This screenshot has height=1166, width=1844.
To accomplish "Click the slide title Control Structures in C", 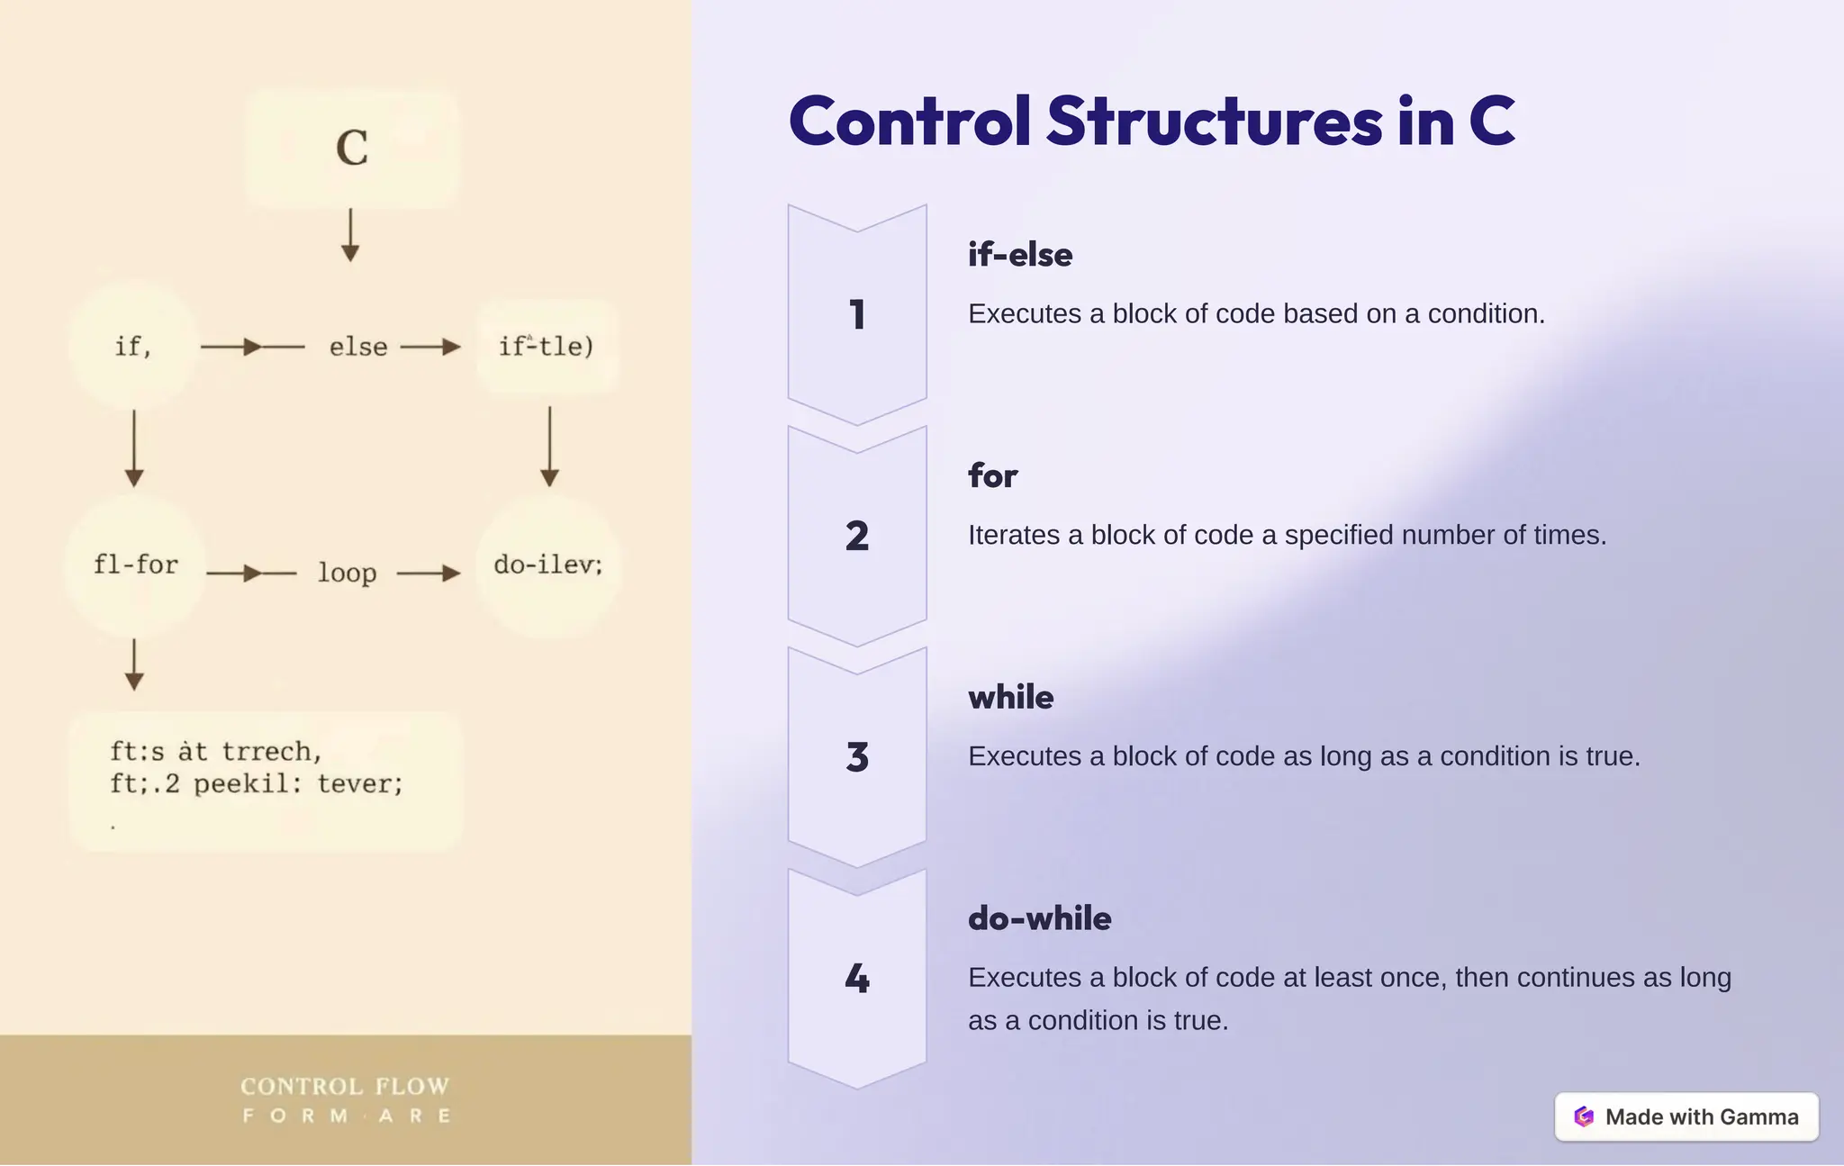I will pyautogui.click(x=1152, y=122).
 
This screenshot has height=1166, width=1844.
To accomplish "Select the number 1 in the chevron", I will pyautogui.click(x=857, y=315).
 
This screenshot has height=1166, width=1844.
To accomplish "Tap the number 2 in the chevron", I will pyautogui.click(x=857, y=537).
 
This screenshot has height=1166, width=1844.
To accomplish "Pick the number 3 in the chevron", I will pyautogui.click(x=857, y=757).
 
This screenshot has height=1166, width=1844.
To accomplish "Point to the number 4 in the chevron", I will pyautogui.click(x=857, y=979).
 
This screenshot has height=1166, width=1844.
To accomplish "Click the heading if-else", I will pyautogui.click(x=1020, y=255).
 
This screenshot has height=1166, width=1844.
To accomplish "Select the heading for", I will pyautogui.click(x=992, y=475).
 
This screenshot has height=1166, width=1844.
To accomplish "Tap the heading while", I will pyautogui.click(x=1010, y=697).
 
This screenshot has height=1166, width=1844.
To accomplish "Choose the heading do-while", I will pyautogui.click(x=1039, y=918).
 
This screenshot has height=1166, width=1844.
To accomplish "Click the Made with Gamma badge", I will pyautogui.click(x=1686, y=1116).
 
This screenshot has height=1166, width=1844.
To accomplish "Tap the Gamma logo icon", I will pyautogui.click(x=1584, y=1116).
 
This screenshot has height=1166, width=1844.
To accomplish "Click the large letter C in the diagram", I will pyautogui.click(x=352, y=148).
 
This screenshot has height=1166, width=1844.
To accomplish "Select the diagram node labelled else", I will pyautogui.click(x=358, y=347).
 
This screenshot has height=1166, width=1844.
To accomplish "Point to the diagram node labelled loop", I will pyautogui.click(x=347, y=573).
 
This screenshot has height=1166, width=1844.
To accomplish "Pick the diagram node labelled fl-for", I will pyautogui.click(x=136, y=565).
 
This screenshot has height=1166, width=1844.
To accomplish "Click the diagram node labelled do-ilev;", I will pyautogui.click(x=547, y=565).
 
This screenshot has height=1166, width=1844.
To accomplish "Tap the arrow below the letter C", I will pyautogui.click(x=350, y=236).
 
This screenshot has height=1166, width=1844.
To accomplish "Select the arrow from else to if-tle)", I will pyautogui.click(x=430, y=347).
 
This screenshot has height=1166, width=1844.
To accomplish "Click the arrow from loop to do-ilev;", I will pyautogui.click(x=429, y=573).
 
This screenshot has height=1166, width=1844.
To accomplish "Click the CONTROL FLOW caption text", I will pyautogui.click(x=345, y=1087).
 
